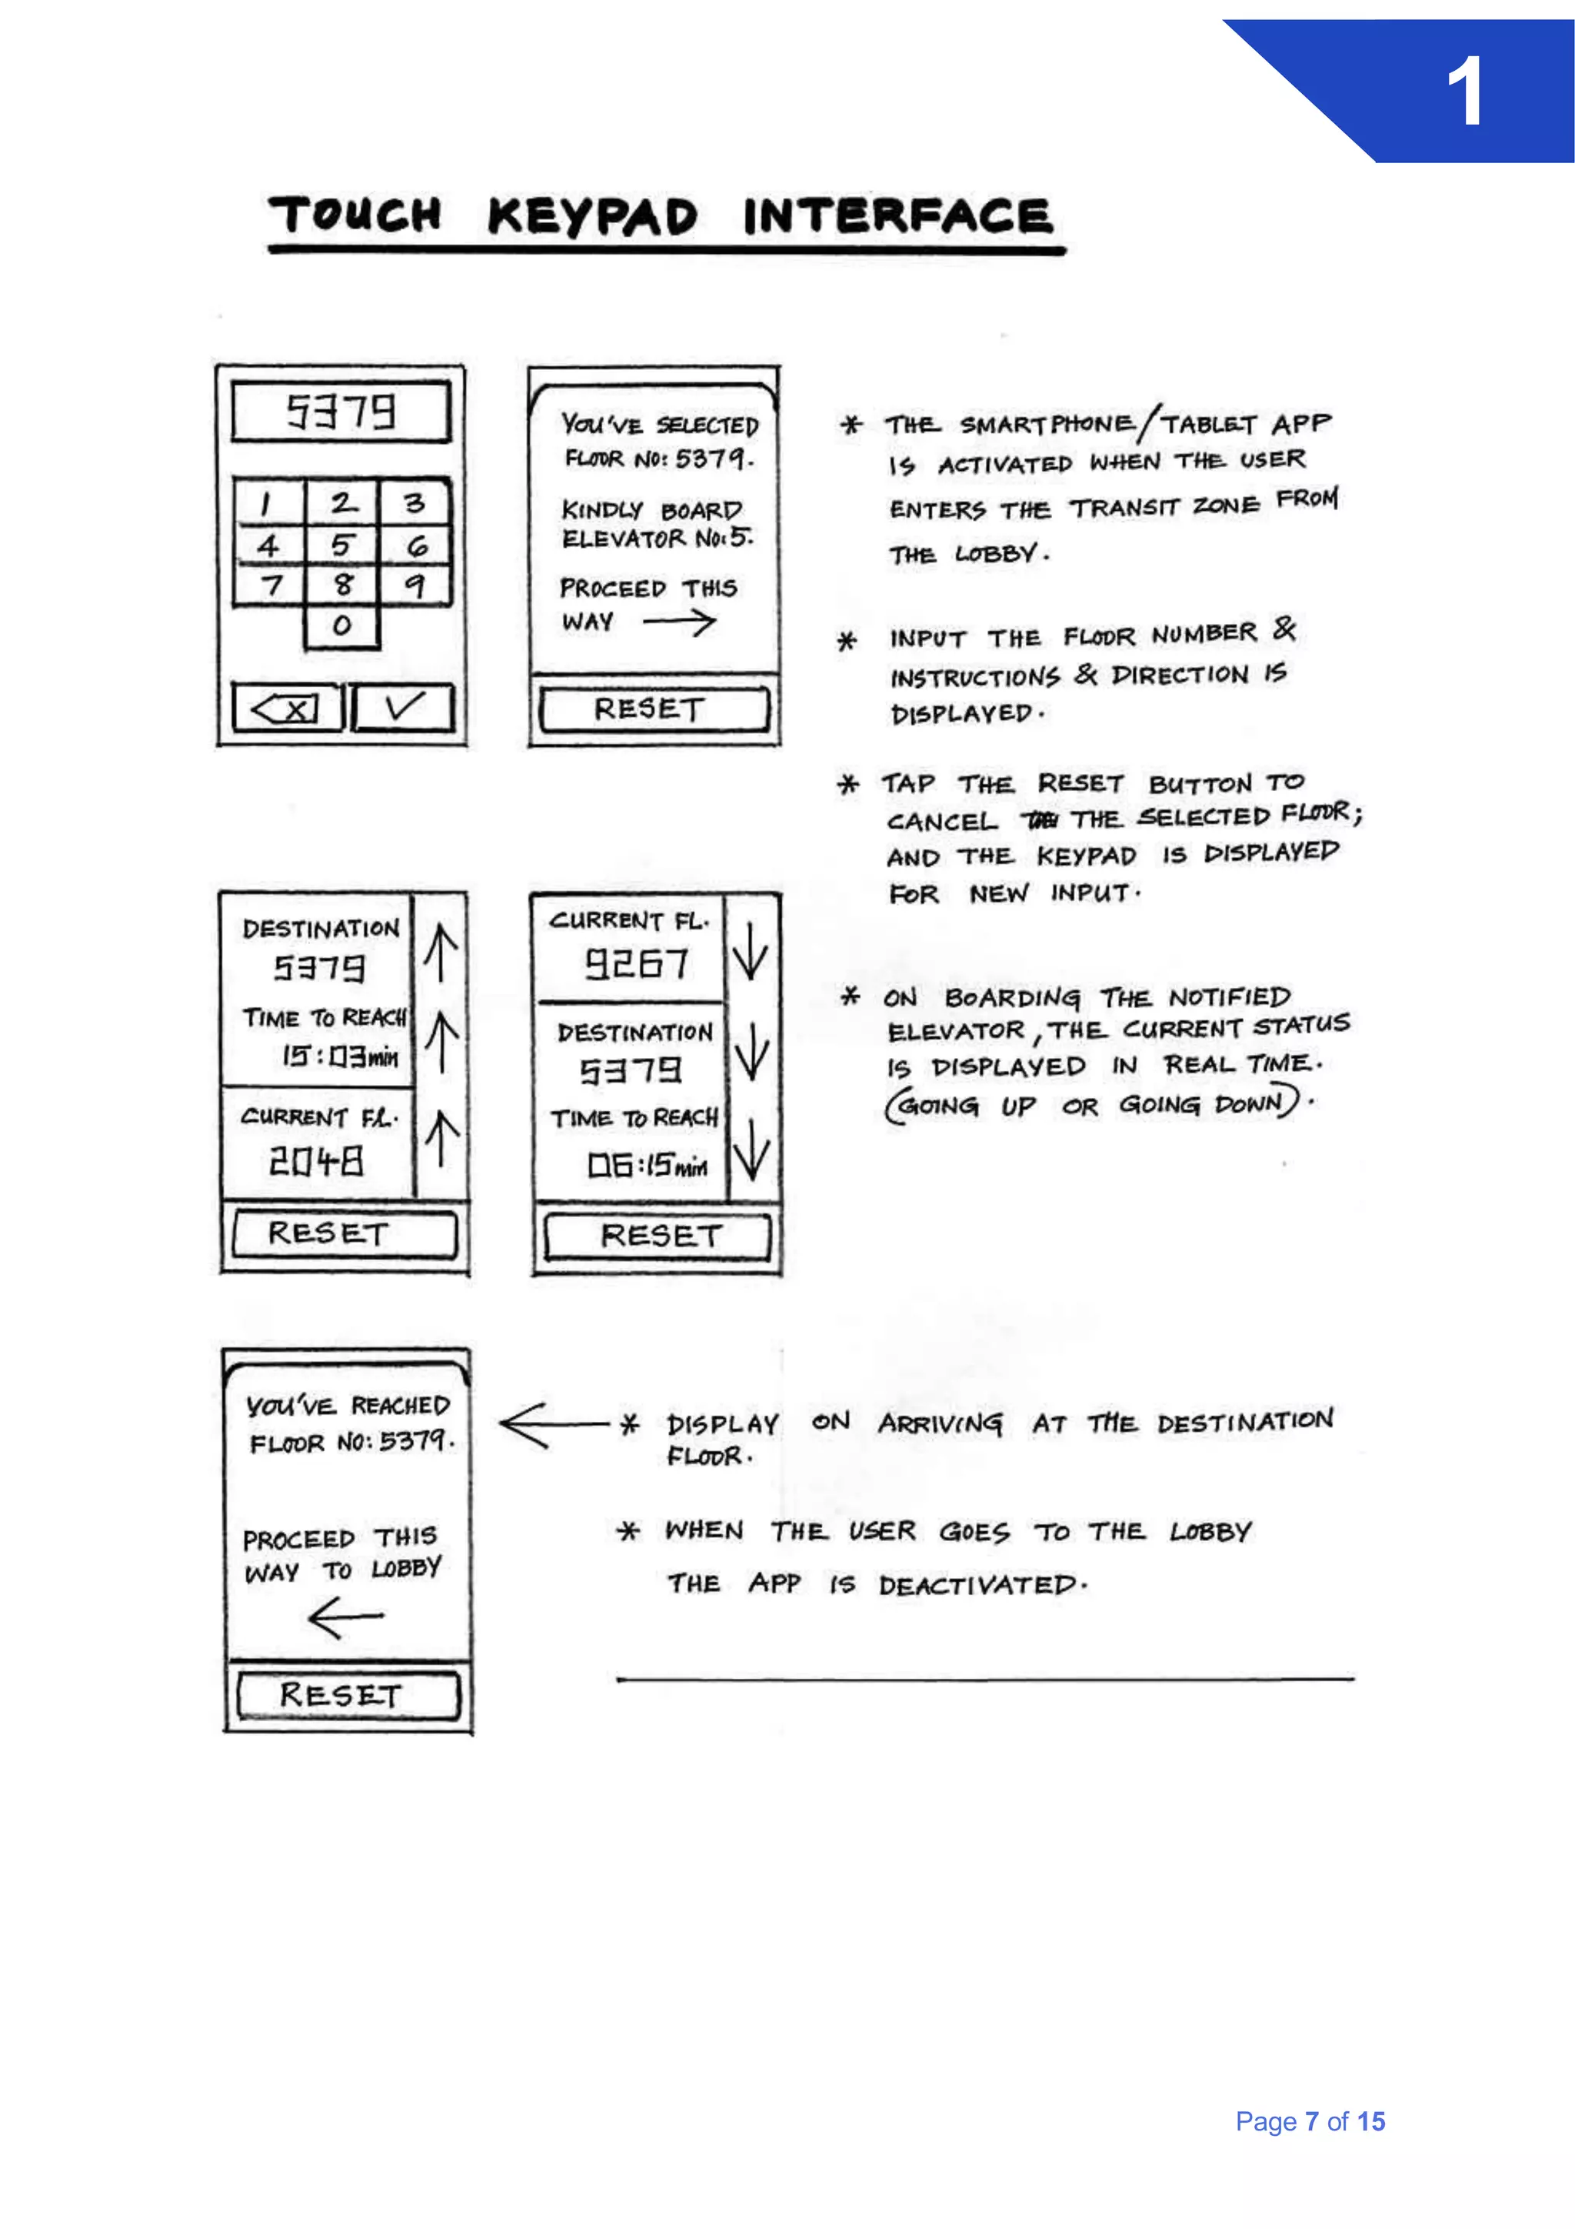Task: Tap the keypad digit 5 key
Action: pos(341,546)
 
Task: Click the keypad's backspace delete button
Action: pos(288,708)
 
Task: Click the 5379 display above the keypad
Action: pos(341,412)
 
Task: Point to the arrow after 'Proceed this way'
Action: pos(679,622)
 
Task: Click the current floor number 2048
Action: pos(316,1161)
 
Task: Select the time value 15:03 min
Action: pos(340,1056)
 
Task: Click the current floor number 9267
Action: pos(637,964)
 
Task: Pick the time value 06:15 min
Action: pos(648,1164)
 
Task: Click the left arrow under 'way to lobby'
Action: pos(345,1617)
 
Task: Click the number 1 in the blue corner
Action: pos(1464,92)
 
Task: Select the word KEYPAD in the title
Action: pos(592,215)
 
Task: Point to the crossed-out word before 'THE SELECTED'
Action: pos(1041,820)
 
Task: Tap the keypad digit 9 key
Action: pos(415,586)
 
